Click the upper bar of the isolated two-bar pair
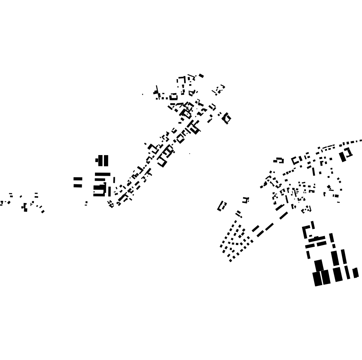click(x=78, y=179)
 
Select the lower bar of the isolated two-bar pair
click(x=78, y=185)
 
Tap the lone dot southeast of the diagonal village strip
click(x=190, y=154)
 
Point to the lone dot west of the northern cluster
click(x=142, y=94)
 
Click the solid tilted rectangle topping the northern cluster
click(x=201, y=76)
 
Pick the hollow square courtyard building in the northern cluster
click(x=174, y=97)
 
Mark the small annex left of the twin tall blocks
click(x=97, y=160)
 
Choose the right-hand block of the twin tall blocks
click(x=106, y=161)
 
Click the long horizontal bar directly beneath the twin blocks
click(x=102, y=174)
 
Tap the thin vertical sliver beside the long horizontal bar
click(x=114, y=180)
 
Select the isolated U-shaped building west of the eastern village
click(x=221, y=206)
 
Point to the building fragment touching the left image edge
click(x=1, y=203)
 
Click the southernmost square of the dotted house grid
click(x=230, y=261)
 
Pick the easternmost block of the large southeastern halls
click(x=355, y=273)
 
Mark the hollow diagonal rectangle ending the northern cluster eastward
click(x=226, y=118)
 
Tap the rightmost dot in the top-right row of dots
click(x=361, y=141)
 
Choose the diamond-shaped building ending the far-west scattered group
click(x=43, y=212)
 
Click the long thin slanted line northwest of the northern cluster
click(x=157, y=90)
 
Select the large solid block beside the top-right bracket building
click(x=343, y=157)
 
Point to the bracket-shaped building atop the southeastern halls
click(x=308, y=231)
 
